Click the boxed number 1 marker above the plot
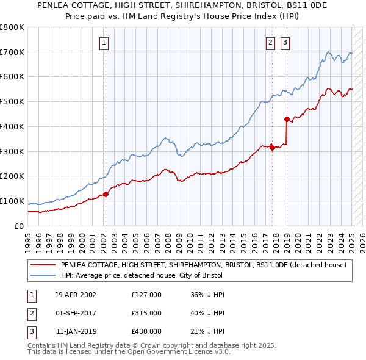[105, 43]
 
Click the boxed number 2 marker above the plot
[270, 43]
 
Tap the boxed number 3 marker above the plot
[285, 43]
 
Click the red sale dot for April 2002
[106, 194]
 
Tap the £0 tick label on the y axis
[18, 226]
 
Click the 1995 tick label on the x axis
[28, 239]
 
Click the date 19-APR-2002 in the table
[76, 295]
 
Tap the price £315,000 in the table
[146, 313]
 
